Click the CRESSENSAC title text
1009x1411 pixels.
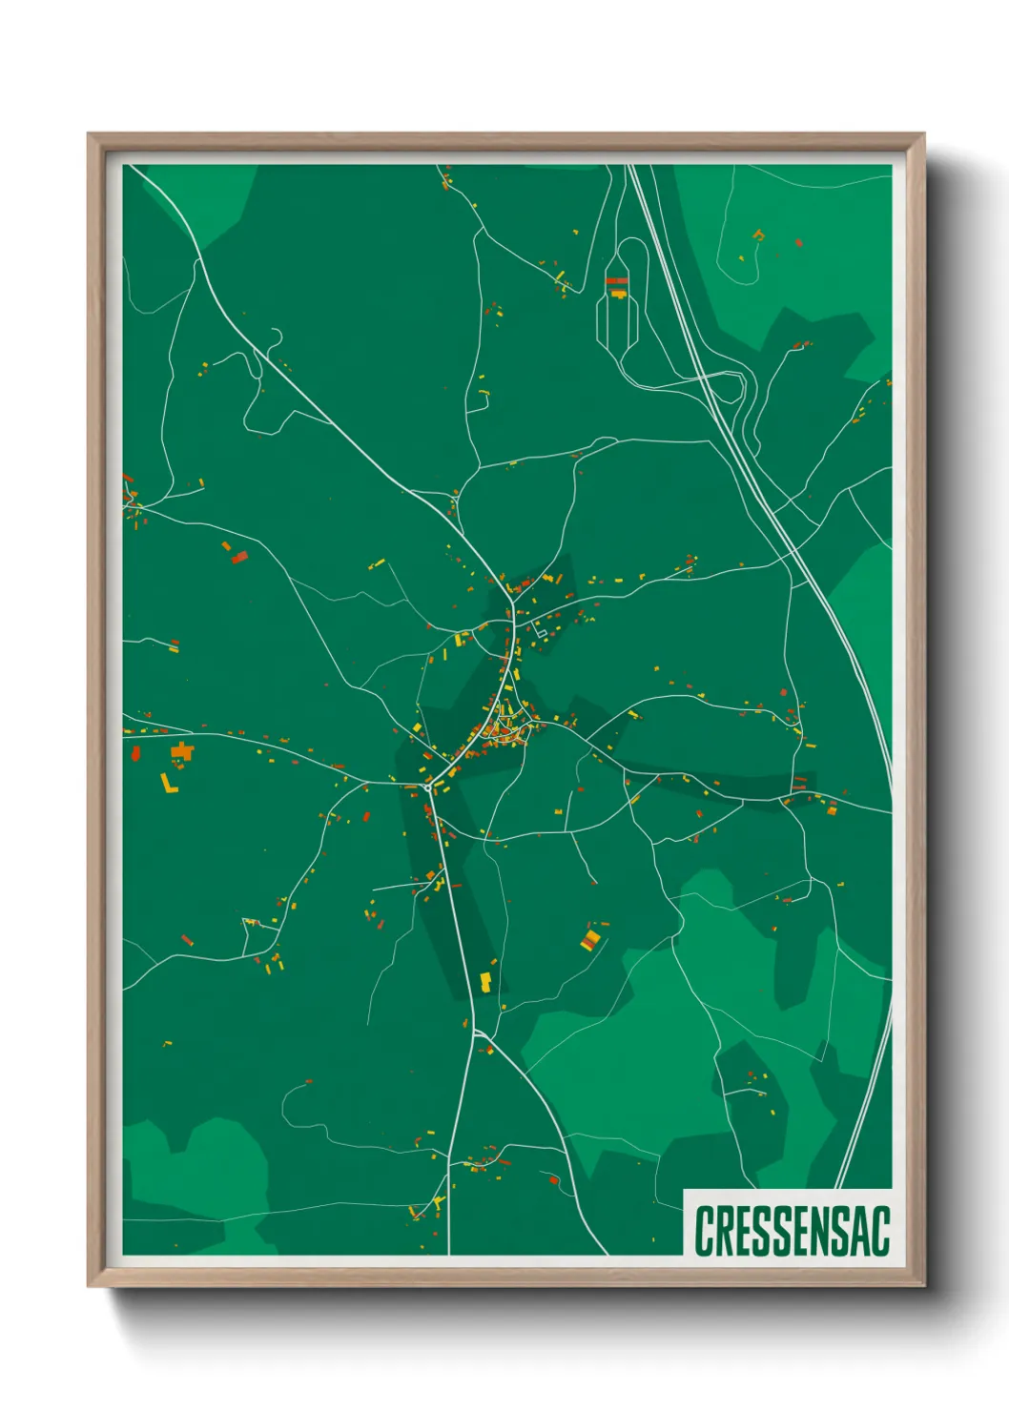tap(792, 1231)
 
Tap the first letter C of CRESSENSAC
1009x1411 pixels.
tap(705, 1231)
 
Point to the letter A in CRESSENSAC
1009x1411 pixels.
tap(859, 1231)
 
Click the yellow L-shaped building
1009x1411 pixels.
tap(168, 785)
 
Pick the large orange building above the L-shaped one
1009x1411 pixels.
tap(181, 753)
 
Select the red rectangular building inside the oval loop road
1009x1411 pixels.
tap(617, 281)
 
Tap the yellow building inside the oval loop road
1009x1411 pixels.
tap(618, 293)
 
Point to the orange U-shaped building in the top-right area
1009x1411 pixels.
tap(758, 235)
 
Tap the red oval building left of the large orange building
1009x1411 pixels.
tap(135, 754)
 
